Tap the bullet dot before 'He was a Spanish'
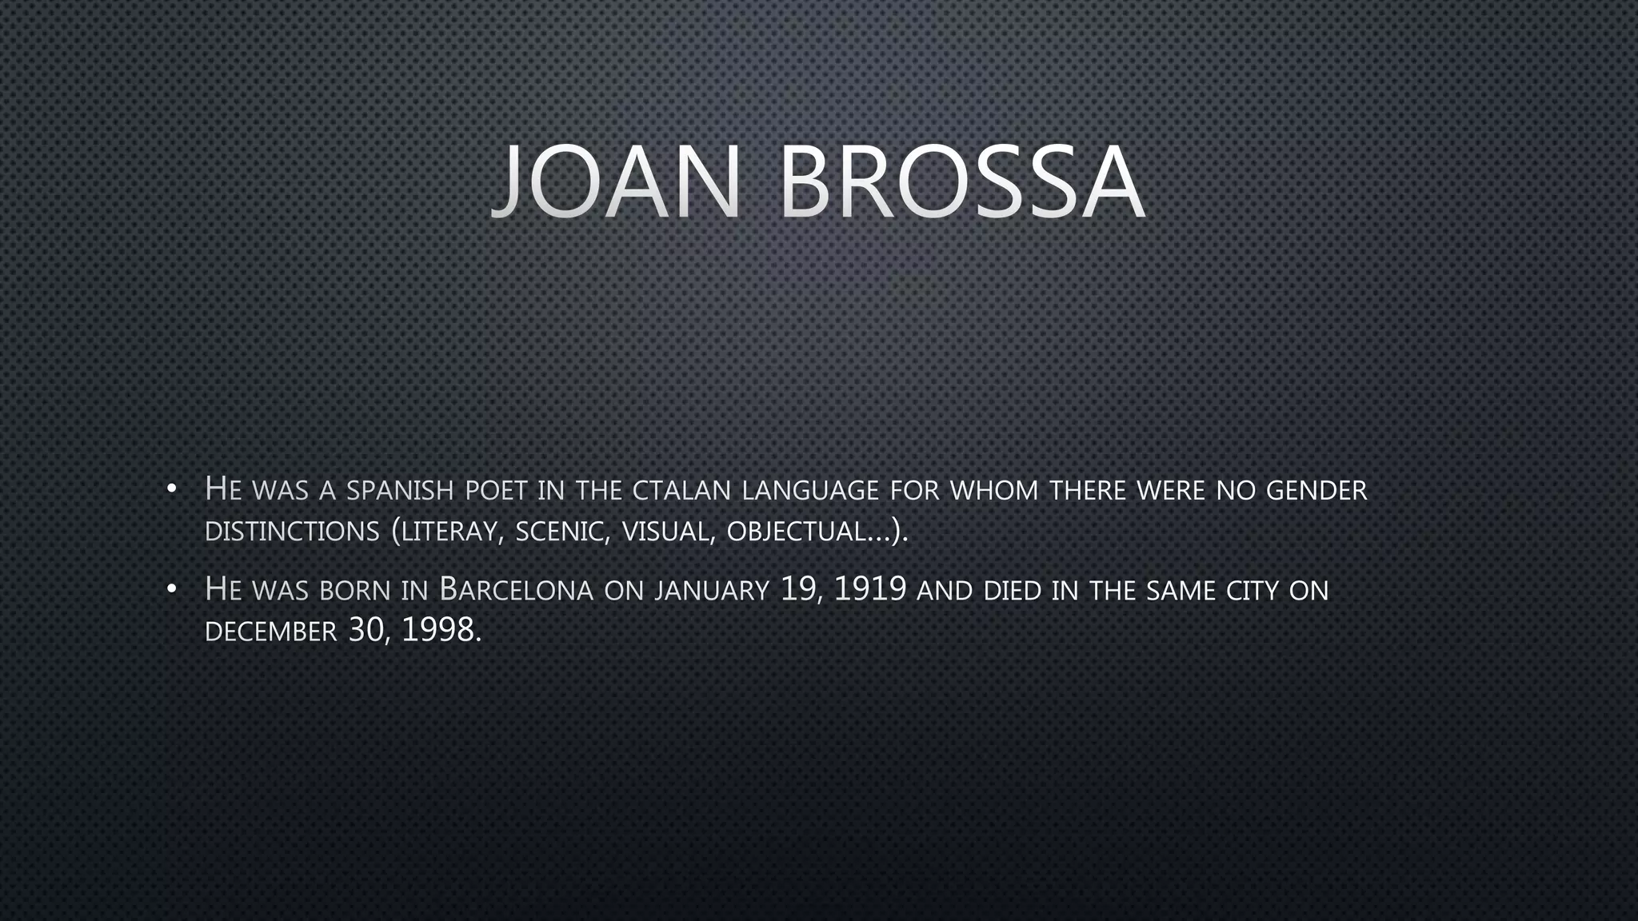[171, 489]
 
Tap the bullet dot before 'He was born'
[171, 590]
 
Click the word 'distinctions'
[292, 532]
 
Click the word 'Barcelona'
[517, 590]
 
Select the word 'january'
[712, 592]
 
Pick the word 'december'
[271, 632]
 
